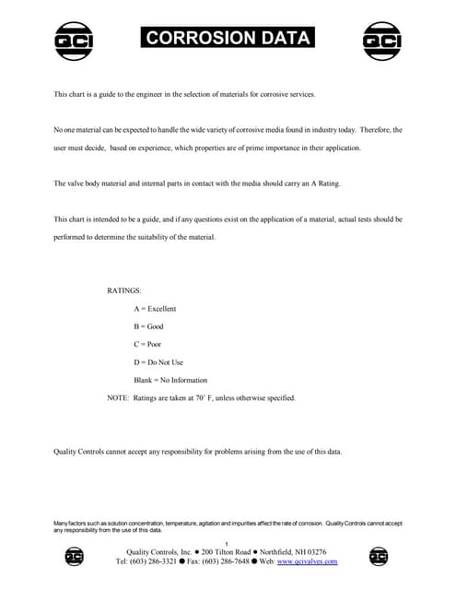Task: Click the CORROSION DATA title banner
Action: (228, 38)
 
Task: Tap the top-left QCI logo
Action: (74, 40)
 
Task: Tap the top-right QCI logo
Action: (381, 40)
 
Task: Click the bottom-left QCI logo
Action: (75, 556)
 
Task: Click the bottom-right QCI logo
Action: (378, 556)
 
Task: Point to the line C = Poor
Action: (147, 344)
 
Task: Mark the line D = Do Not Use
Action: (158, 362)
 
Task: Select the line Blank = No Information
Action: (170, 380)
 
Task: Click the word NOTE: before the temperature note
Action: (119, 398)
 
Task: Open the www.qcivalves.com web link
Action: (308, 561)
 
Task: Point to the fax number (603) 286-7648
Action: (228, 561)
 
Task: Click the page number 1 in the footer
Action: (227, 543)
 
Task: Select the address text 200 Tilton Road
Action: (226, 552)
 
